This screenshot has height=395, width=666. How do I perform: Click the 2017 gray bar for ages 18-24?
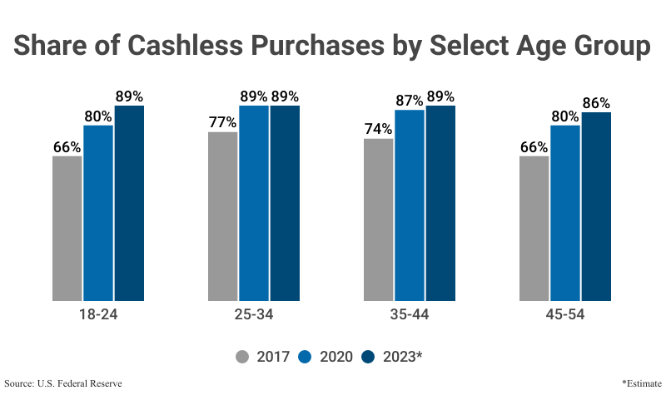pyautogui.click(x=67, y=228)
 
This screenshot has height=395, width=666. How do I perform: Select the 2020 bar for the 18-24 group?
pyautogui.click(x=98, y=213)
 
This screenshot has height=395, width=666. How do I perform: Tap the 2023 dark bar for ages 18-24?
pyautogui.click(x=129, y=203)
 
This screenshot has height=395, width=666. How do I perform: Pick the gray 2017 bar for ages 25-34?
pyautogui.click(x=222, y=216)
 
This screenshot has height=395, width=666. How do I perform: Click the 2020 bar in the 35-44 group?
pyautogui.click(x=410, y=205)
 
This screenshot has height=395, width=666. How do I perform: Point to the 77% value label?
pyautogui.click(x=222, y=122)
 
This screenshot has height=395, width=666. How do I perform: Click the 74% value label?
pyautogui.click(x=378, y=129)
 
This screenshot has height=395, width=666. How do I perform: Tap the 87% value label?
pyautogui.click(x=410, y=101)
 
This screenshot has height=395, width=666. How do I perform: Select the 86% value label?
pyautogui.click(x=596, y=103)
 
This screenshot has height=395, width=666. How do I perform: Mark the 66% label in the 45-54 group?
pyautogui.click(x=534, y=147)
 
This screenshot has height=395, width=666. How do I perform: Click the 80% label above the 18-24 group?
pyautogui.click(x=98, y=116)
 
